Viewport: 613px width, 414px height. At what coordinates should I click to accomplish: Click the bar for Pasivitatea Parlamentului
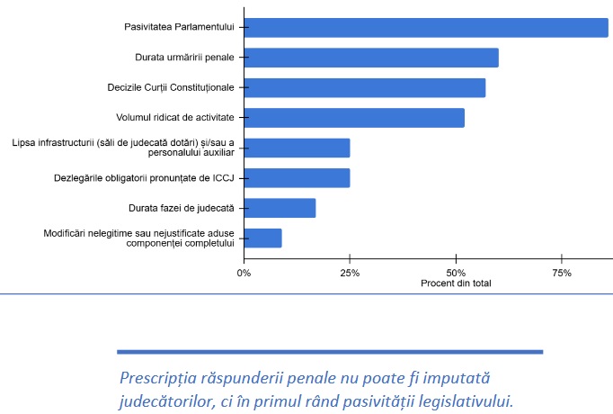point(425,28)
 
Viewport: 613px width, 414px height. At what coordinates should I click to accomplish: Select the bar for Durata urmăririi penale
point(370,58)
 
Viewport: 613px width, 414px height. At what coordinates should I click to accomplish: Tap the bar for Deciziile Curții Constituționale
point(364,88)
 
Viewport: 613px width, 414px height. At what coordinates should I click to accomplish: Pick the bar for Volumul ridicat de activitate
point(354,118)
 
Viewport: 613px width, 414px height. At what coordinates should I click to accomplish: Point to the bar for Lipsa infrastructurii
point(297,148)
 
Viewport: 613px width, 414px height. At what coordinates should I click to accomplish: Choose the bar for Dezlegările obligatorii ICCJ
point(297,178)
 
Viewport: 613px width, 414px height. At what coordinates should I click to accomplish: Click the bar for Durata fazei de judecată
point(280,208)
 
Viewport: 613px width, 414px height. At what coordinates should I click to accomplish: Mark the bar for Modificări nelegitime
point(262,238)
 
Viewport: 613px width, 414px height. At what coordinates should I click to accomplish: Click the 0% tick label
point(244,272)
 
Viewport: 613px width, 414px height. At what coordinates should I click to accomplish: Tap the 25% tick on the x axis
point(350,272)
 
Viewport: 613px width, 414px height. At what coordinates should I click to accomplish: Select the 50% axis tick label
point(456,272)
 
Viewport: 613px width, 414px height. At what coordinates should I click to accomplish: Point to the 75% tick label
point(562,272)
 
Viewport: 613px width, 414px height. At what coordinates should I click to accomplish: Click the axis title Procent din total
point(456,283)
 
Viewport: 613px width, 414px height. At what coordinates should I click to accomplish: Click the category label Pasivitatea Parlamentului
point(179,28)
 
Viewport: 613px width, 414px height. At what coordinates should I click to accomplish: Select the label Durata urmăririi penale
point(184,58)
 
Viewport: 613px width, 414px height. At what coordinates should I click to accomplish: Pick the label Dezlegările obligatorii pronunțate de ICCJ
point(144,178)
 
